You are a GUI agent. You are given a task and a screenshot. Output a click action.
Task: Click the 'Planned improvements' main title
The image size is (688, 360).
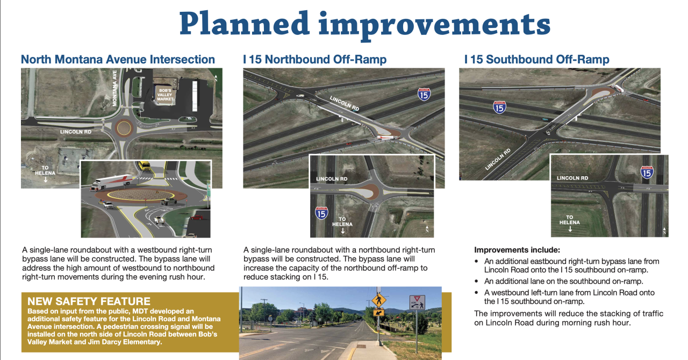365,25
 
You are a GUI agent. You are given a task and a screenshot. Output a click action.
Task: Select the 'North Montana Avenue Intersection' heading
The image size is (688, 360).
118,59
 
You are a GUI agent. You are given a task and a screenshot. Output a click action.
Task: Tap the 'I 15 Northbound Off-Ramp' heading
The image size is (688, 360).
314,59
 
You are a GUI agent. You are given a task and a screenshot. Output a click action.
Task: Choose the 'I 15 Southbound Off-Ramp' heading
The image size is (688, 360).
536,59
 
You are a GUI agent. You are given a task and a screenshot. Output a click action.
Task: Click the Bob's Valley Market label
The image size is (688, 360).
165,95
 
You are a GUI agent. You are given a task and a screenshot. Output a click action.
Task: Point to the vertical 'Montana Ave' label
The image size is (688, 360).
115,88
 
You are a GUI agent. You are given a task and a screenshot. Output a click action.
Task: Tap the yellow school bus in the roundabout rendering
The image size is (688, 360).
145,166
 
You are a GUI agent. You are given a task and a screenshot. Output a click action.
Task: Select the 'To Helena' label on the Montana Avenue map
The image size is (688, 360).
45,173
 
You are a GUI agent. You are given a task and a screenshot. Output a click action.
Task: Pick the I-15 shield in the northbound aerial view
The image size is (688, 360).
424,95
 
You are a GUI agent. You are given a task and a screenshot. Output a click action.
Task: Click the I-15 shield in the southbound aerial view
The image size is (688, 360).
500,107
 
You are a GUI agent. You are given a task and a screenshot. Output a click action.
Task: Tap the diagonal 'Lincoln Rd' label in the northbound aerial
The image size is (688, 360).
345,103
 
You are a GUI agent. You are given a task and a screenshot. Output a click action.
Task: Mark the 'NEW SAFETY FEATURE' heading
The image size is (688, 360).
89,301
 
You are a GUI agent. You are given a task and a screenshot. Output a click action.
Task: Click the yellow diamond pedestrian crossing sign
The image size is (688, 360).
379,299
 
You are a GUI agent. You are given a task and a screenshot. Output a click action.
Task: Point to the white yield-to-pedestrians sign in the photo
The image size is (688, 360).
417,303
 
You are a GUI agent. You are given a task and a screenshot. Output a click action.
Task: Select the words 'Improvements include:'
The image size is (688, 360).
517,250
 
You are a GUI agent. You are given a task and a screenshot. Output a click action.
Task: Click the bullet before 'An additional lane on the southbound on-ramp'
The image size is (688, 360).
476,282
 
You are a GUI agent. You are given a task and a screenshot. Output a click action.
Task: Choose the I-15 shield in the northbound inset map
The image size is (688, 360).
321,213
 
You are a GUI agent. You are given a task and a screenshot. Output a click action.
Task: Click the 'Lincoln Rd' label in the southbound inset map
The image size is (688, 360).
572,178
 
